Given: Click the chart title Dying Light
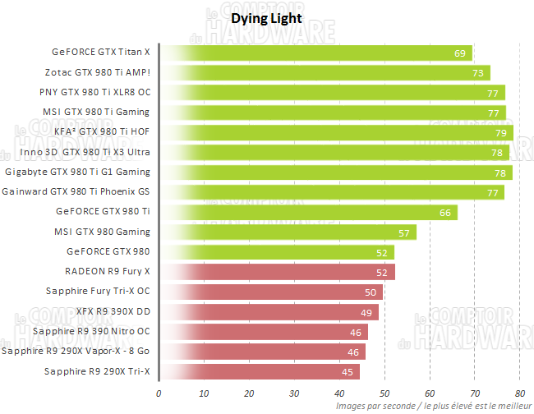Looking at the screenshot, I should pyautogui.click(x=266, y=17).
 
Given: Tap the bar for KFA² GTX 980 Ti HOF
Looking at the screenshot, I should pyautogui.click(x=336, y=132).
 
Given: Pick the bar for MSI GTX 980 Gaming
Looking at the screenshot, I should pyautogui.click(x=288, y=232).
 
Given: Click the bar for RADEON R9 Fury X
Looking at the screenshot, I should pyautogui.click(x=277, y=272).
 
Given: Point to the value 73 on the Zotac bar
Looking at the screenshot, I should pyautogui.click(x=477, y=73).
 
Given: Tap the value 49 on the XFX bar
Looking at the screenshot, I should pyautogui.click(x=366, y=312).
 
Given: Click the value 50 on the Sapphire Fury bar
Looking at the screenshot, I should pyautogui.click(x=371, y=292).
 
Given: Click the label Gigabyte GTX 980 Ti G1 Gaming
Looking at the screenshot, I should pyautogui.click(x=78, y=172).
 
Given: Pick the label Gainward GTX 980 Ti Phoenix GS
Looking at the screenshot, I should pyautogui.click(x=76, y=192).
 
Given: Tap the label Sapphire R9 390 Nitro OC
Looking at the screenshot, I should pyautogui.click(x=91, y=332).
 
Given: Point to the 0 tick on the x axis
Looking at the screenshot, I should pyautogui.click(x=159, y=392).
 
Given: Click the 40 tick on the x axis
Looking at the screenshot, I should pyautogui.click(x=339, y=392).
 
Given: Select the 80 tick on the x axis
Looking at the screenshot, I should pyautogui.click(x=519, y=392).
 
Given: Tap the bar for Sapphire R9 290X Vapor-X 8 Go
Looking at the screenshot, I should pyautogui.click(x=262, y=352).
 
